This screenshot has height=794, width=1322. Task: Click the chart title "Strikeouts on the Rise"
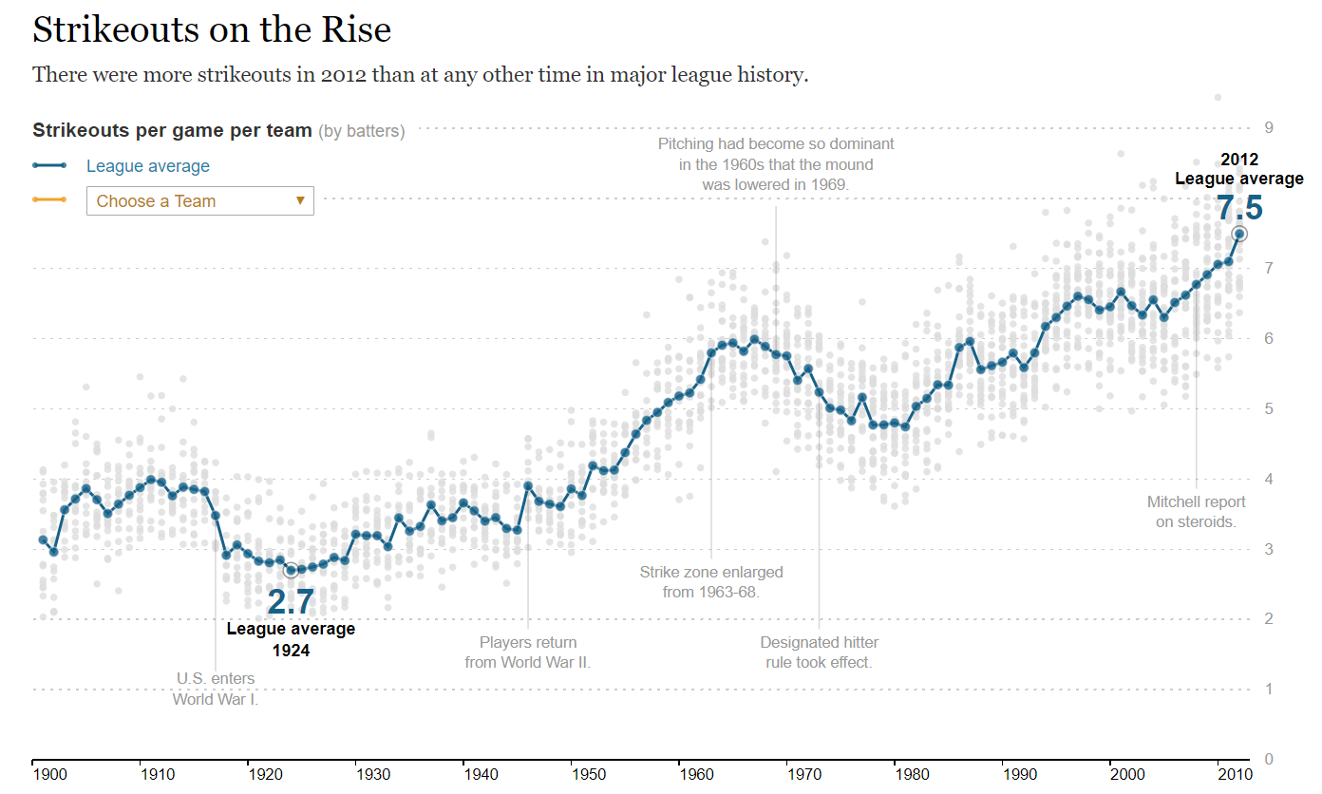coord(212,29)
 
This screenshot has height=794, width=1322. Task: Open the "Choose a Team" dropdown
coord(199,200)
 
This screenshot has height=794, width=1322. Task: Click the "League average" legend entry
coord(147,166)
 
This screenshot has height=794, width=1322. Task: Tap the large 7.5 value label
coord(1239,208)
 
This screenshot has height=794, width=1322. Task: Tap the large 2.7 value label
coord(290,602)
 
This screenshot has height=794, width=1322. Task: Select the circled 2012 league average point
coord(1239,234)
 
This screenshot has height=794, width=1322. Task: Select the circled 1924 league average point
coord(291,570)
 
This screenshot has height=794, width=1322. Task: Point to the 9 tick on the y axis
coord(1268,128)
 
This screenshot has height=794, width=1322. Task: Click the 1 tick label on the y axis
coord(1268,689)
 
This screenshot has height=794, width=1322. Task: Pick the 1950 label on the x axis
coord(589,775)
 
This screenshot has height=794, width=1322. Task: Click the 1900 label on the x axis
coord(50,775)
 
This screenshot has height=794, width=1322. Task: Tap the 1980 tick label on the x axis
coord(912,775)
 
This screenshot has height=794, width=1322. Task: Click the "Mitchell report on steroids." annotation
coord(1196,511)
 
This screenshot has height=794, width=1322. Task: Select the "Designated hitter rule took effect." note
coord(819,652)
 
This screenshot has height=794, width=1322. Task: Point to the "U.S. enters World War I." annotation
coord(216,689)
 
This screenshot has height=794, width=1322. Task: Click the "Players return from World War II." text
coord(528,652)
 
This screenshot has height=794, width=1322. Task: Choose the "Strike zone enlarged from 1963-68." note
coord(711,581)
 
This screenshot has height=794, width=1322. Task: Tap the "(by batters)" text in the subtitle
coord(361,131)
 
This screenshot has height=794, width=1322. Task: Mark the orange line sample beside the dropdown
coord(49,199)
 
